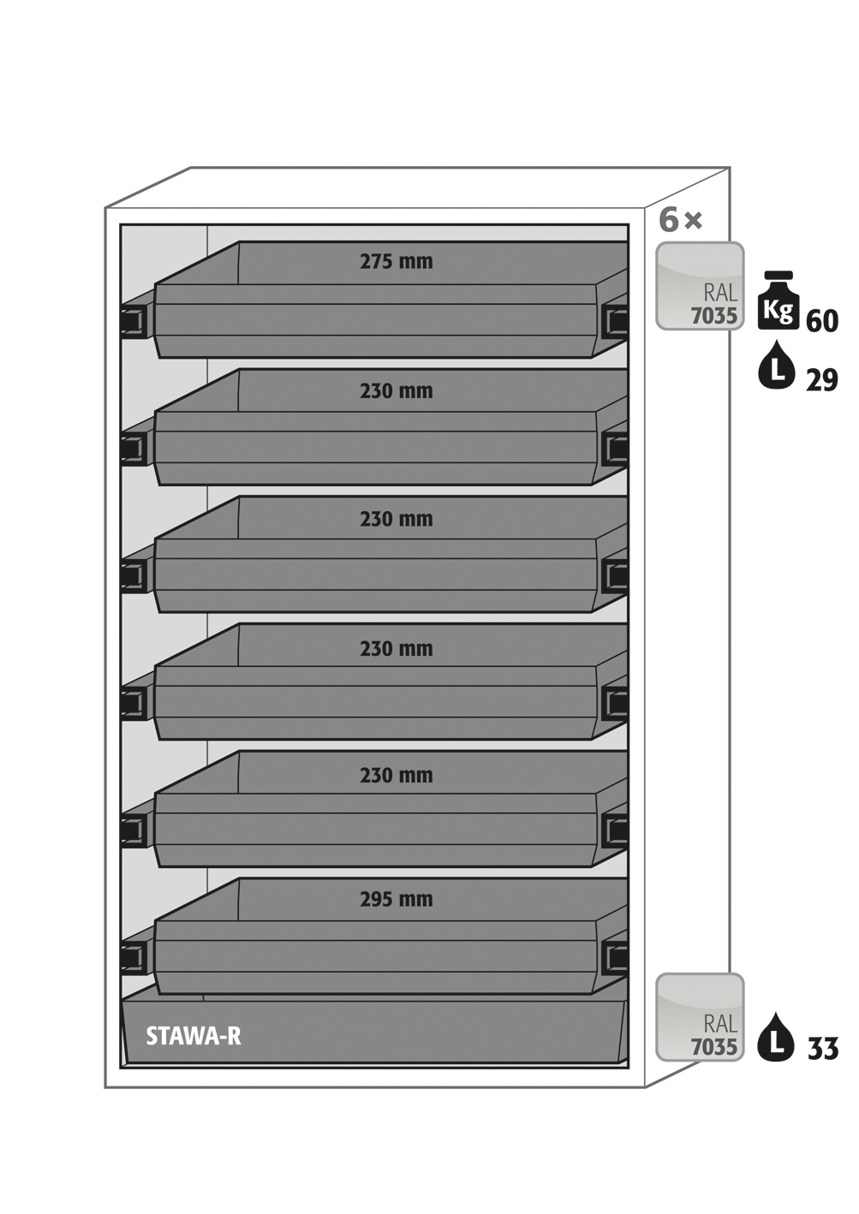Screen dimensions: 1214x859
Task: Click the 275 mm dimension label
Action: coord(396,261)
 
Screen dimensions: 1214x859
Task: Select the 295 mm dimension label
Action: coord(396,899)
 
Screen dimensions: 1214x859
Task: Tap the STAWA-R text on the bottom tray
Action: coord(194,1036)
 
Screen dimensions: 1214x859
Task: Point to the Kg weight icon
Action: coord(778,301)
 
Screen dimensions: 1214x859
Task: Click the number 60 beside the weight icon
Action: coord(822,321)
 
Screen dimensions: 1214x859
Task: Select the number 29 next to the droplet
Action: coord(822,379)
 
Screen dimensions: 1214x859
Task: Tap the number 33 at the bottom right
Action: coord(823,1049)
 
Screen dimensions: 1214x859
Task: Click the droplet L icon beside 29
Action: coord(777,366)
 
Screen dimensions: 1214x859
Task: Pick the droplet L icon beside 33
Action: coord(776,1038)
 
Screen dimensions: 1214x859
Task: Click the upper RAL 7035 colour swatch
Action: coord(700,286)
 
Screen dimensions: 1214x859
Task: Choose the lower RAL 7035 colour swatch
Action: coord(700,1017)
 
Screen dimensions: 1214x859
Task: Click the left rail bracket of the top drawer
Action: coord(134,322)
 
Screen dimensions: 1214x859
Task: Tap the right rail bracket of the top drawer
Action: coord(615,321)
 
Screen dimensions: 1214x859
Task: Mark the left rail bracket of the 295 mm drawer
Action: coord(134,956)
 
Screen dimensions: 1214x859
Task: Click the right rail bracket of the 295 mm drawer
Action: coord(615,956)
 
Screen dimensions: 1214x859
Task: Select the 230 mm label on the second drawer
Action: coord(396,391)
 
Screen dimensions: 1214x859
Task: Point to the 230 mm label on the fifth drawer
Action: coord(396,776)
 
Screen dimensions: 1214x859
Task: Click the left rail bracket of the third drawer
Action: coord(134,576)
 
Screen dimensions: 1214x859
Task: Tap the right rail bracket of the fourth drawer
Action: coord(615,703)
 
